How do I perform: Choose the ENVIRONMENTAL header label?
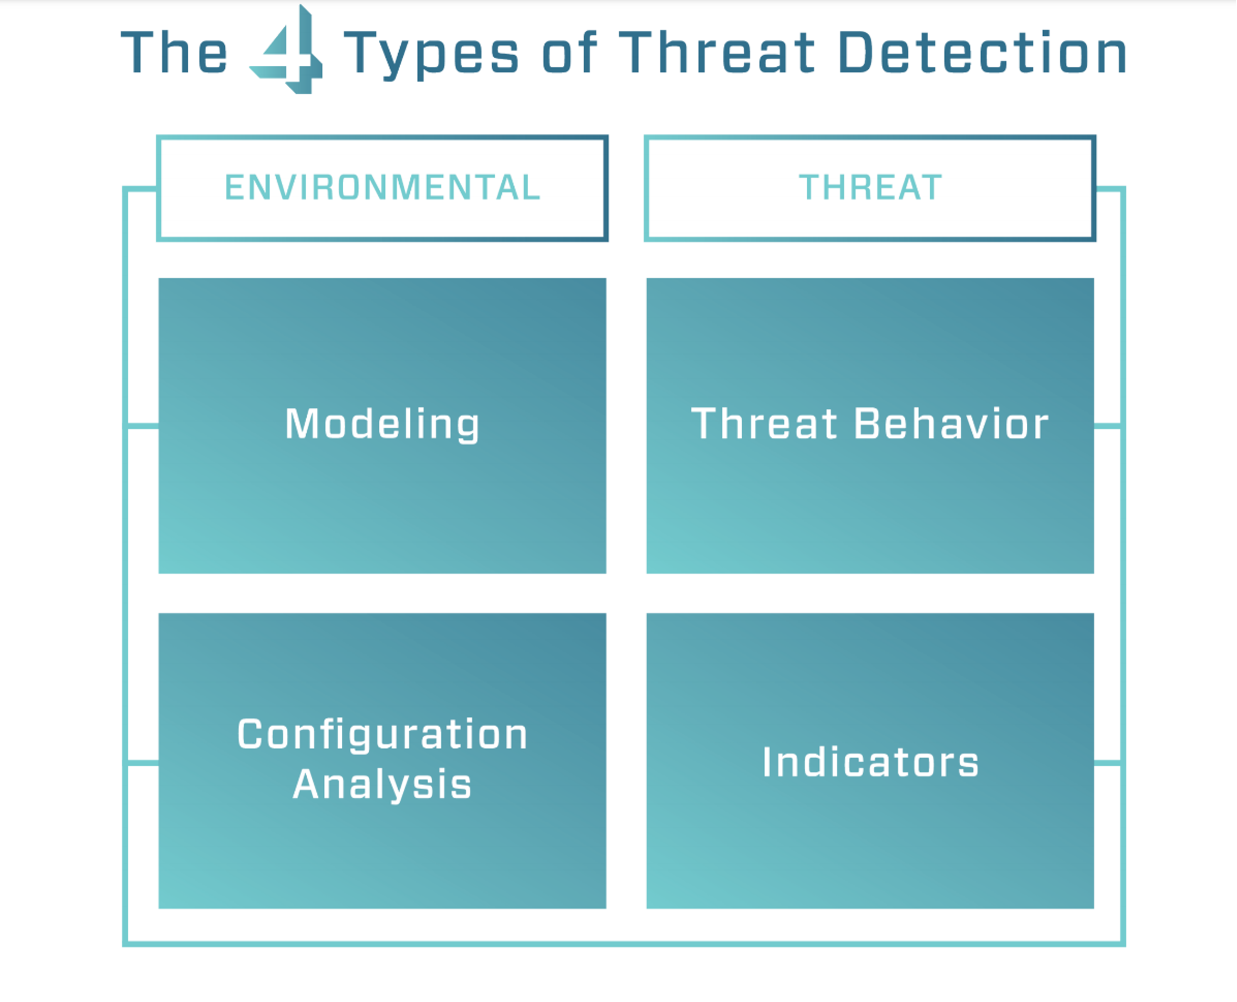pyautogui.click(x=382, y=188)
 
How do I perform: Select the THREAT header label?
pyautogui.click(x=870, y=188)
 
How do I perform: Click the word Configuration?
pyautogui.click(x=382, y=735)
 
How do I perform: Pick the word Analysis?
pyautogui.click(x=382, y=785)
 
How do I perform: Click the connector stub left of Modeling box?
pyautogui.click(x=142, y=427)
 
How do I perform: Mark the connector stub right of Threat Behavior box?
pyautogui.click(x=1108, y=427)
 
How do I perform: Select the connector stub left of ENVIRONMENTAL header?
pyautogui.click(x=140, y=189)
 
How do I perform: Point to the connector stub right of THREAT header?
pyautogui.click(x=1109, y=189)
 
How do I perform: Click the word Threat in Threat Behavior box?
pyautogui.click(x=764, y=424)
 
